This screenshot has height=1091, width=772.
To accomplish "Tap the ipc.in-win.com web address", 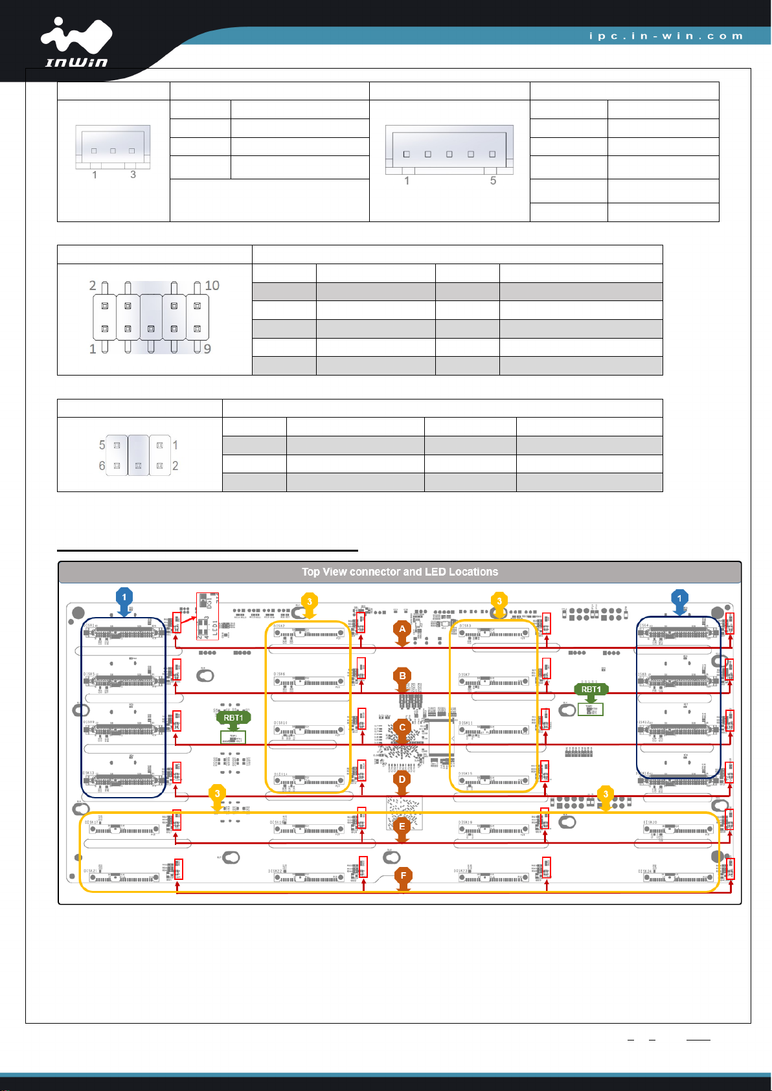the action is point(666,36).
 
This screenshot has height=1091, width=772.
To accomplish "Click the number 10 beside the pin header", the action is point(212,286).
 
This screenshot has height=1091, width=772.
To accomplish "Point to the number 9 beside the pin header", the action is point(207,349).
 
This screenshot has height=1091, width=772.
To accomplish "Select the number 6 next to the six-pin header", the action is point(102,466).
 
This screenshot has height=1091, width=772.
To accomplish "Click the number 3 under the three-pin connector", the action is point(133,175).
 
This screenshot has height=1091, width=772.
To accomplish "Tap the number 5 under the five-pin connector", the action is point(493,181).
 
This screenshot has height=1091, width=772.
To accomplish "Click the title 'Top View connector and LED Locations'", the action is point(400,572).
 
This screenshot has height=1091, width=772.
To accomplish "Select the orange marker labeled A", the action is point(402,629).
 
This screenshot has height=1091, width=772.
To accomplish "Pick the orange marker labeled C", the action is point(402,728).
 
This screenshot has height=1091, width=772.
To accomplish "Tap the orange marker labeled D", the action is point(402,780).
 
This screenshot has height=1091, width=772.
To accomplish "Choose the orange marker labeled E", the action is point(402,827).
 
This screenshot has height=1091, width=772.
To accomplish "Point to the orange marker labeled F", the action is point(403,876).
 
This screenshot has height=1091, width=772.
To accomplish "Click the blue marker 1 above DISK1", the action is point(124,598).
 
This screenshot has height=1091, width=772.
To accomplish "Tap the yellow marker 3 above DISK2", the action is point(310,602).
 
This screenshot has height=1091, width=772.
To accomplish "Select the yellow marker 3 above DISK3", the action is point(499,602).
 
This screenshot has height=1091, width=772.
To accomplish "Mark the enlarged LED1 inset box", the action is point(207,616).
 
